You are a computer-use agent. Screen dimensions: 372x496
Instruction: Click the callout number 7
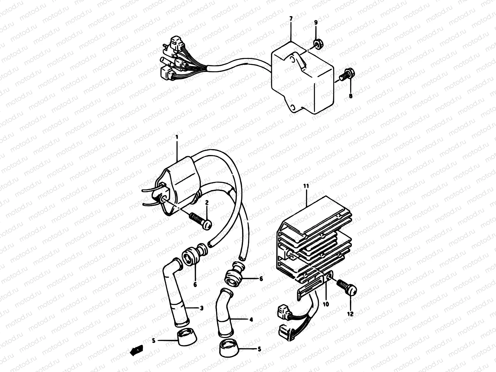pos(290,19)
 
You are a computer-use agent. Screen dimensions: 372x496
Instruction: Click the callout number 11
pos(306,187)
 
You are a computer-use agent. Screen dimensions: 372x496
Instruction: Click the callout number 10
pos(326,304)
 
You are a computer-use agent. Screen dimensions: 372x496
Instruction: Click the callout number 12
pos(350,314)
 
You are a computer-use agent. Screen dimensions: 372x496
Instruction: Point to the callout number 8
pos(351,96)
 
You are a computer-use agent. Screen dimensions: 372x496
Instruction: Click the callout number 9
pos(316,22)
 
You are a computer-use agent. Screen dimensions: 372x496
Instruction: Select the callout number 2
pos(207,202)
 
